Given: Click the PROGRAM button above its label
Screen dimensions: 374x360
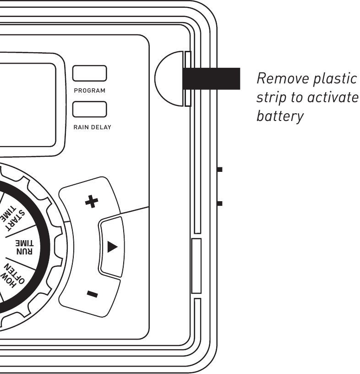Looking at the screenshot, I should pos(90,74).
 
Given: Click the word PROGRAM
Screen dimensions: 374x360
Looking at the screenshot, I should pos(90,90).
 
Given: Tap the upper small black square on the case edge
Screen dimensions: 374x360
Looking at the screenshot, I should pos(220,170).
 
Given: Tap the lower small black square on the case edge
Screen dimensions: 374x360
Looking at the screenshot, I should pos(220,203).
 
